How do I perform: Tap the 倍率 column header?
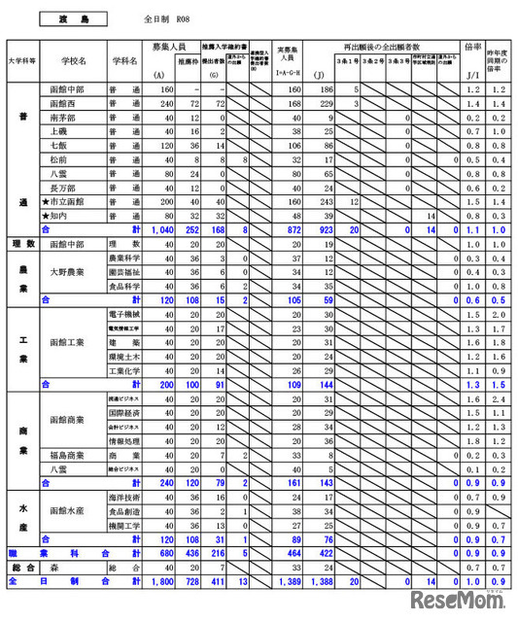pos(473,46)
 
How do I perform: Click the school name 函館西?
pos(66,103)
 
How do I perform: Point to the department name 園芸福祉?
pos(125,273)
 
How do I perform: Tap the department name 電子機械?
pos(126,315)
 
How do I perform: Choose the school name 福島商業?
pos(70,454)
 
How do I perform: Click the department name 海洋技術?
pos(125,497)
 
